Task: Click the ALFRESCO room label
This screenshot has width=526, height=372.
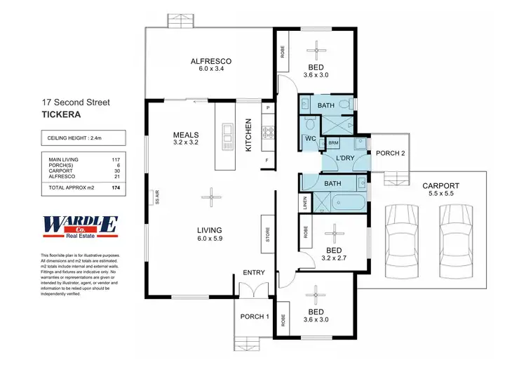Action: [210, 62]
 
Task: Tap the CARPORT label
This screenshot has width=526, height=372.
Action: [442, 186]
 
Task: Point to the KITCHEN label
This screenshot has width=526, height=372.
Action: [248, 135]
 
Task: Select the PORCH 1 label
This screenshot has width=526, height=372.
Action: [254, 317]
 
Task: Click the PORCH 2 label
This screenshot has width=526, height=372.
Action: [390, 153]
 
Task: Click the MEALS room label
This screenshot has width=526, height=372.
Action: [187, 135]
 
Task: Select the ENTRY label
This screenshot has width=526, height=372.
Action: [254, 272]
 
